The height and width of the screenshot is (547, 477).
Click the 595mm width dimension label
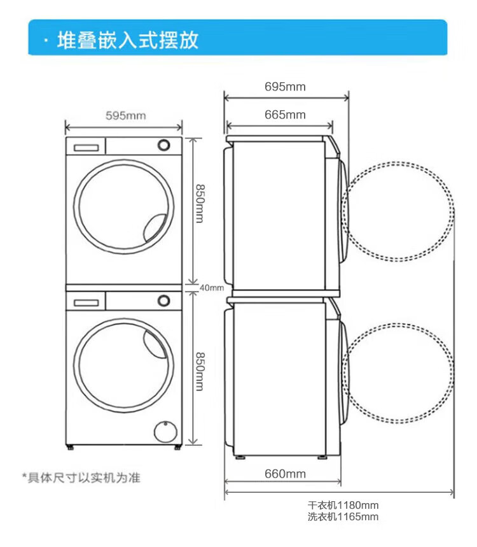125,115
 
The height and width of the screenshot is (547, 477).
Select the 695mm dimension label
285,87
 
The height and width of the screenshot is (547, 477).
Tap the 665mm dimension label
285,115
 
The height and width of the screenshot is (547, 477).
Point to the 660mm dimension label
285,474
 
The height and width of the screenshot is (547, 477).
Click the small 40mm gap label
212,288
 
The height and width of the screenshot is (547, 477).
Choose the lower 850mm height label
199,373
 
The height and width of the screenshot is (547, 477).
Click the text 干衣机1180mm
343,506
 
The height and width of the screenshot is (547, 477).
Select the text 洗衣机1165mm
343,517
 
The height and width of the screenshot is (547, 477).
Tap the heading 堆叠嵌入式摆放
128,39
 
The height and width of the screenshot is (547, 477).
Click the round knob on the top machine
165,145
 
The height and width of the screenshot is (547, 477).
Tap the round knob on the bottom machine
165,299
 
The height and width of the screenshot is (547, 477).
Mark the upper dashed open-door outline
399,211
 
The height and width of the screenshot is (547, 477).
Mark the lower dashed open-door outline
399,372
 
